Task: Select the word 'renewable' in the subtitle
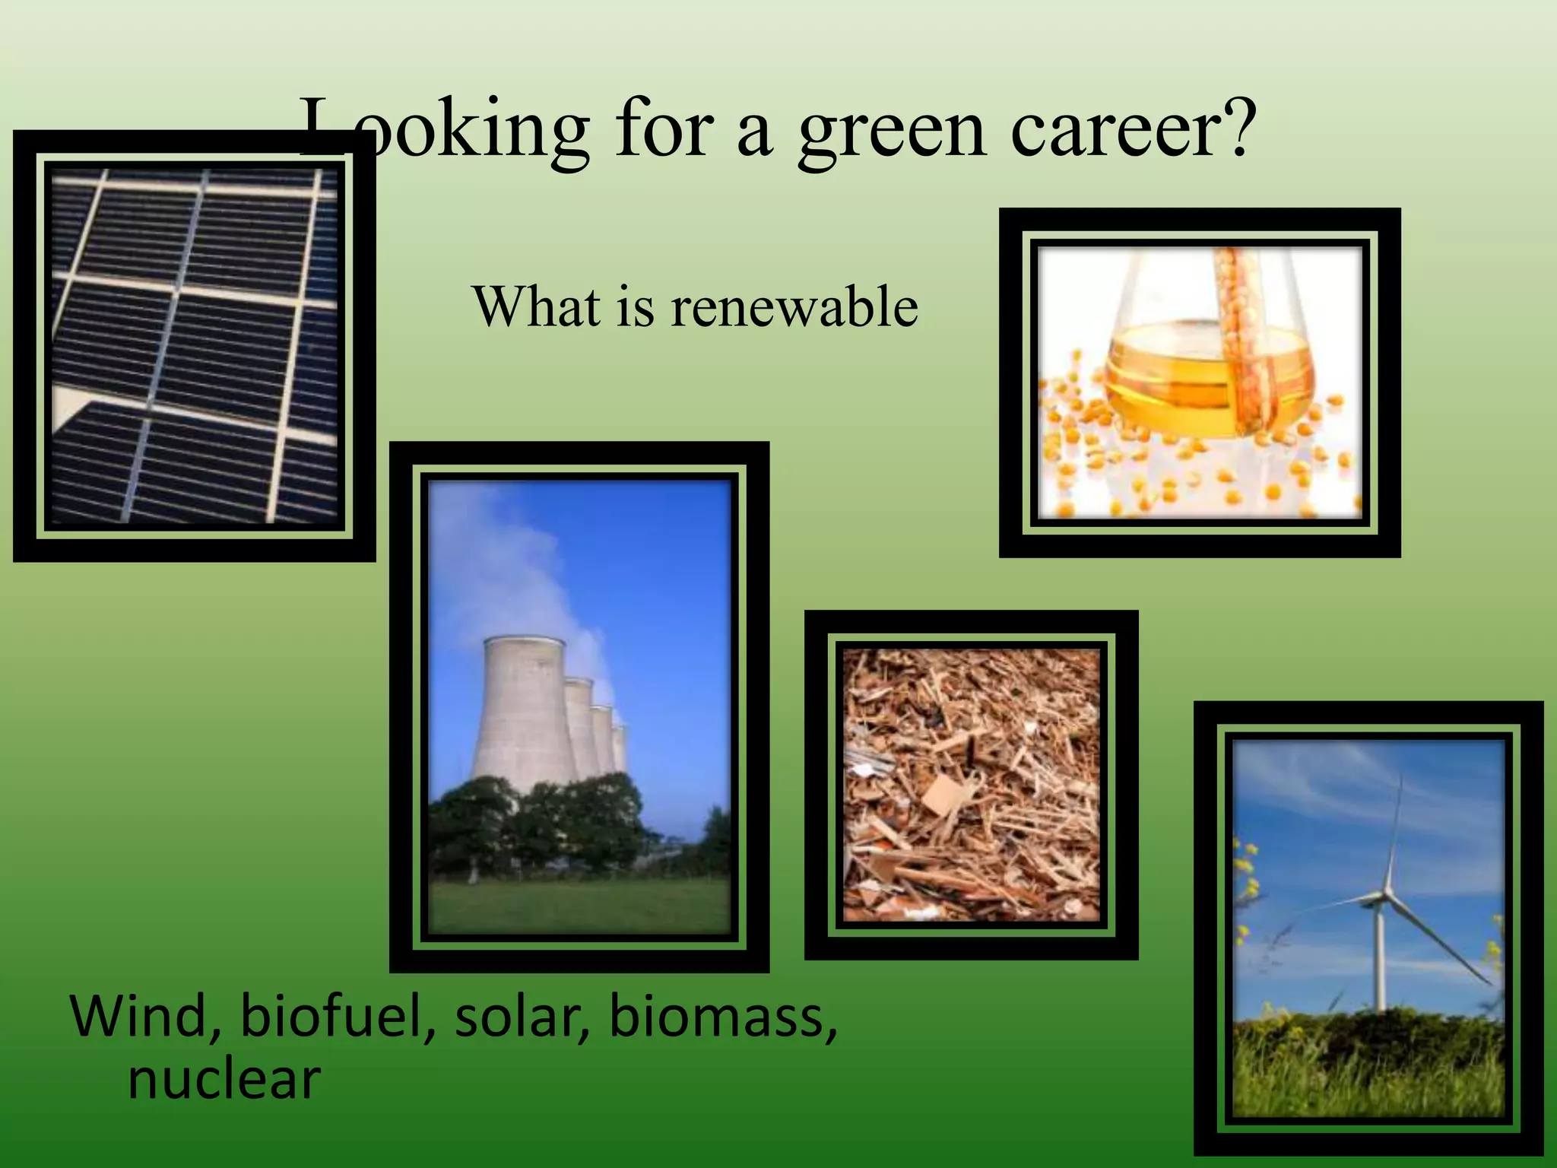coord(794,307)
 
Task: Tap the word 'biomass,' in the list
coord(722,1017)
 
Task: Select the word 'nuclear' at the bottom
coord(224,1079)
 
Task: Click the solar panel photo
coord(194,346)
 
